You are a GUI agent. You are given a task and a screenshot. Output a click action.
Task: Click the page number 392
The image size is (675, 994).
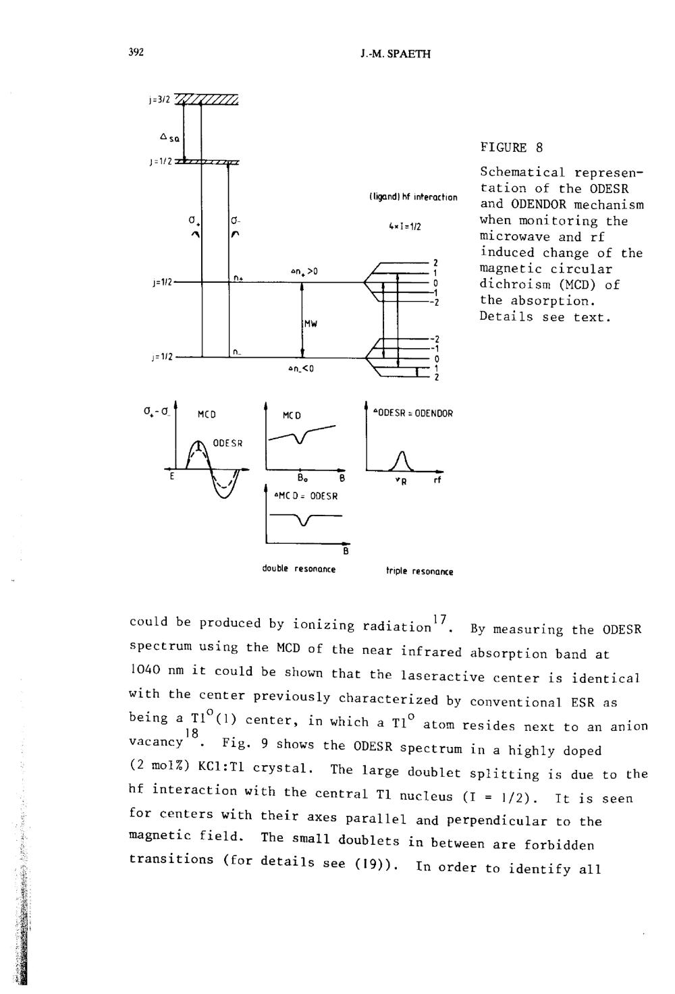(136, 53)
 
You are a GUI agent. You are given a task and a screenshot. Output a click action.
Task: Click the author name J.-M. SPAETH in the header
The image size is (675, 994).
(396, 54)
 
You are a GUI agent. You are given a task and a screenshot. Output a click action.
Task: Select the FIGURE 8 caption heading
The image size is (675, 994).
(511, 147)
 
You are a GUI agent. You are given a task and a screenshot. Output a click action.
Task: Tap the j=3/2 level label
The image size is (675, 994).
(159, 100)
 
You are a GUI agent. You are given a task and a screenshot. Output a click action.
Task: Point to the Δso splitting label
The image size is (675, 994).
(169, 138)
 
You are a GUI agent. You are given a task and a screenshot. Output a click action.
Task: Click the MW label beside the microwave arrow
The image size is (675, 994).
(311, 323)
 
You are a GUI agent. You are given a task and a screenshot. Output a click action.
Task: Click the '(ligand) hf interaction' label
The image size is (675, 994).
(413, 198)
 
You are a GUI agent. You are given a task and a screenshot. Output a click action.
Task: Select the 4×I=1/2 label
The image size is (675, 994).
(405, 227)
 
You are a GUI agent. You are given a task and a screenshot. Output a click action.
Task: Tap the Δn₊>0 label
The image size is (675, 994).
(304, 271)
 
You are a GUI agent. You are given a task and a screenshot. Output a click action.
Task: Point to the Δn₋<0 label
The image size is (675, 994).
(301, 368)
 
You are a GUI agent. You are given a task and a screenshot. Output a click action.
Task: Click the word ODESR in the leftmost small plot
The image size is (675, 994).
(227, 443)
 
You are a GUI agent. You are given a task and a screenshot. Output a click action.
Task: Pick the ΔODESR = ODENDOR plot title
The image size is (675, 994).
(412, 414)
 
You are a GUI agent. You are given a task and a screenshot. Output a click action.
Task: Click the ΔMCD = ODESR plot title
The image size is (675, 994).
(306, 496)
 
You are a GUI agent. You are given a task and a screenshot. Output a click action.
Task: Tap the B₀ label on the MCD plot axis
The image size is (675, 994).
(301, 479)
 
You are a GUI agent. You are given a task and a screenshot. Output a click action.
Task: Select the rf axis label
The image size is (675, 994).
(437, 480)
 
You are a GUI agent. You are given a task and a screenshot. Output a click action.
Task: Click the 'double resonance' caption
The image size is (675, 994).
(298, 569)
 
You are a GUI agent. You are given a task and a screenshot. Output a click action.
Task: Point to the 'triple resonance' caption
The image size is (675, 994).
(419, 572)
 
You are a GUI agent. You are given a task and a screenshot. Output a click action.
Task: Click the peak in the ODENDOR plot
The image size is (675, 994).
(402, 451)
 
